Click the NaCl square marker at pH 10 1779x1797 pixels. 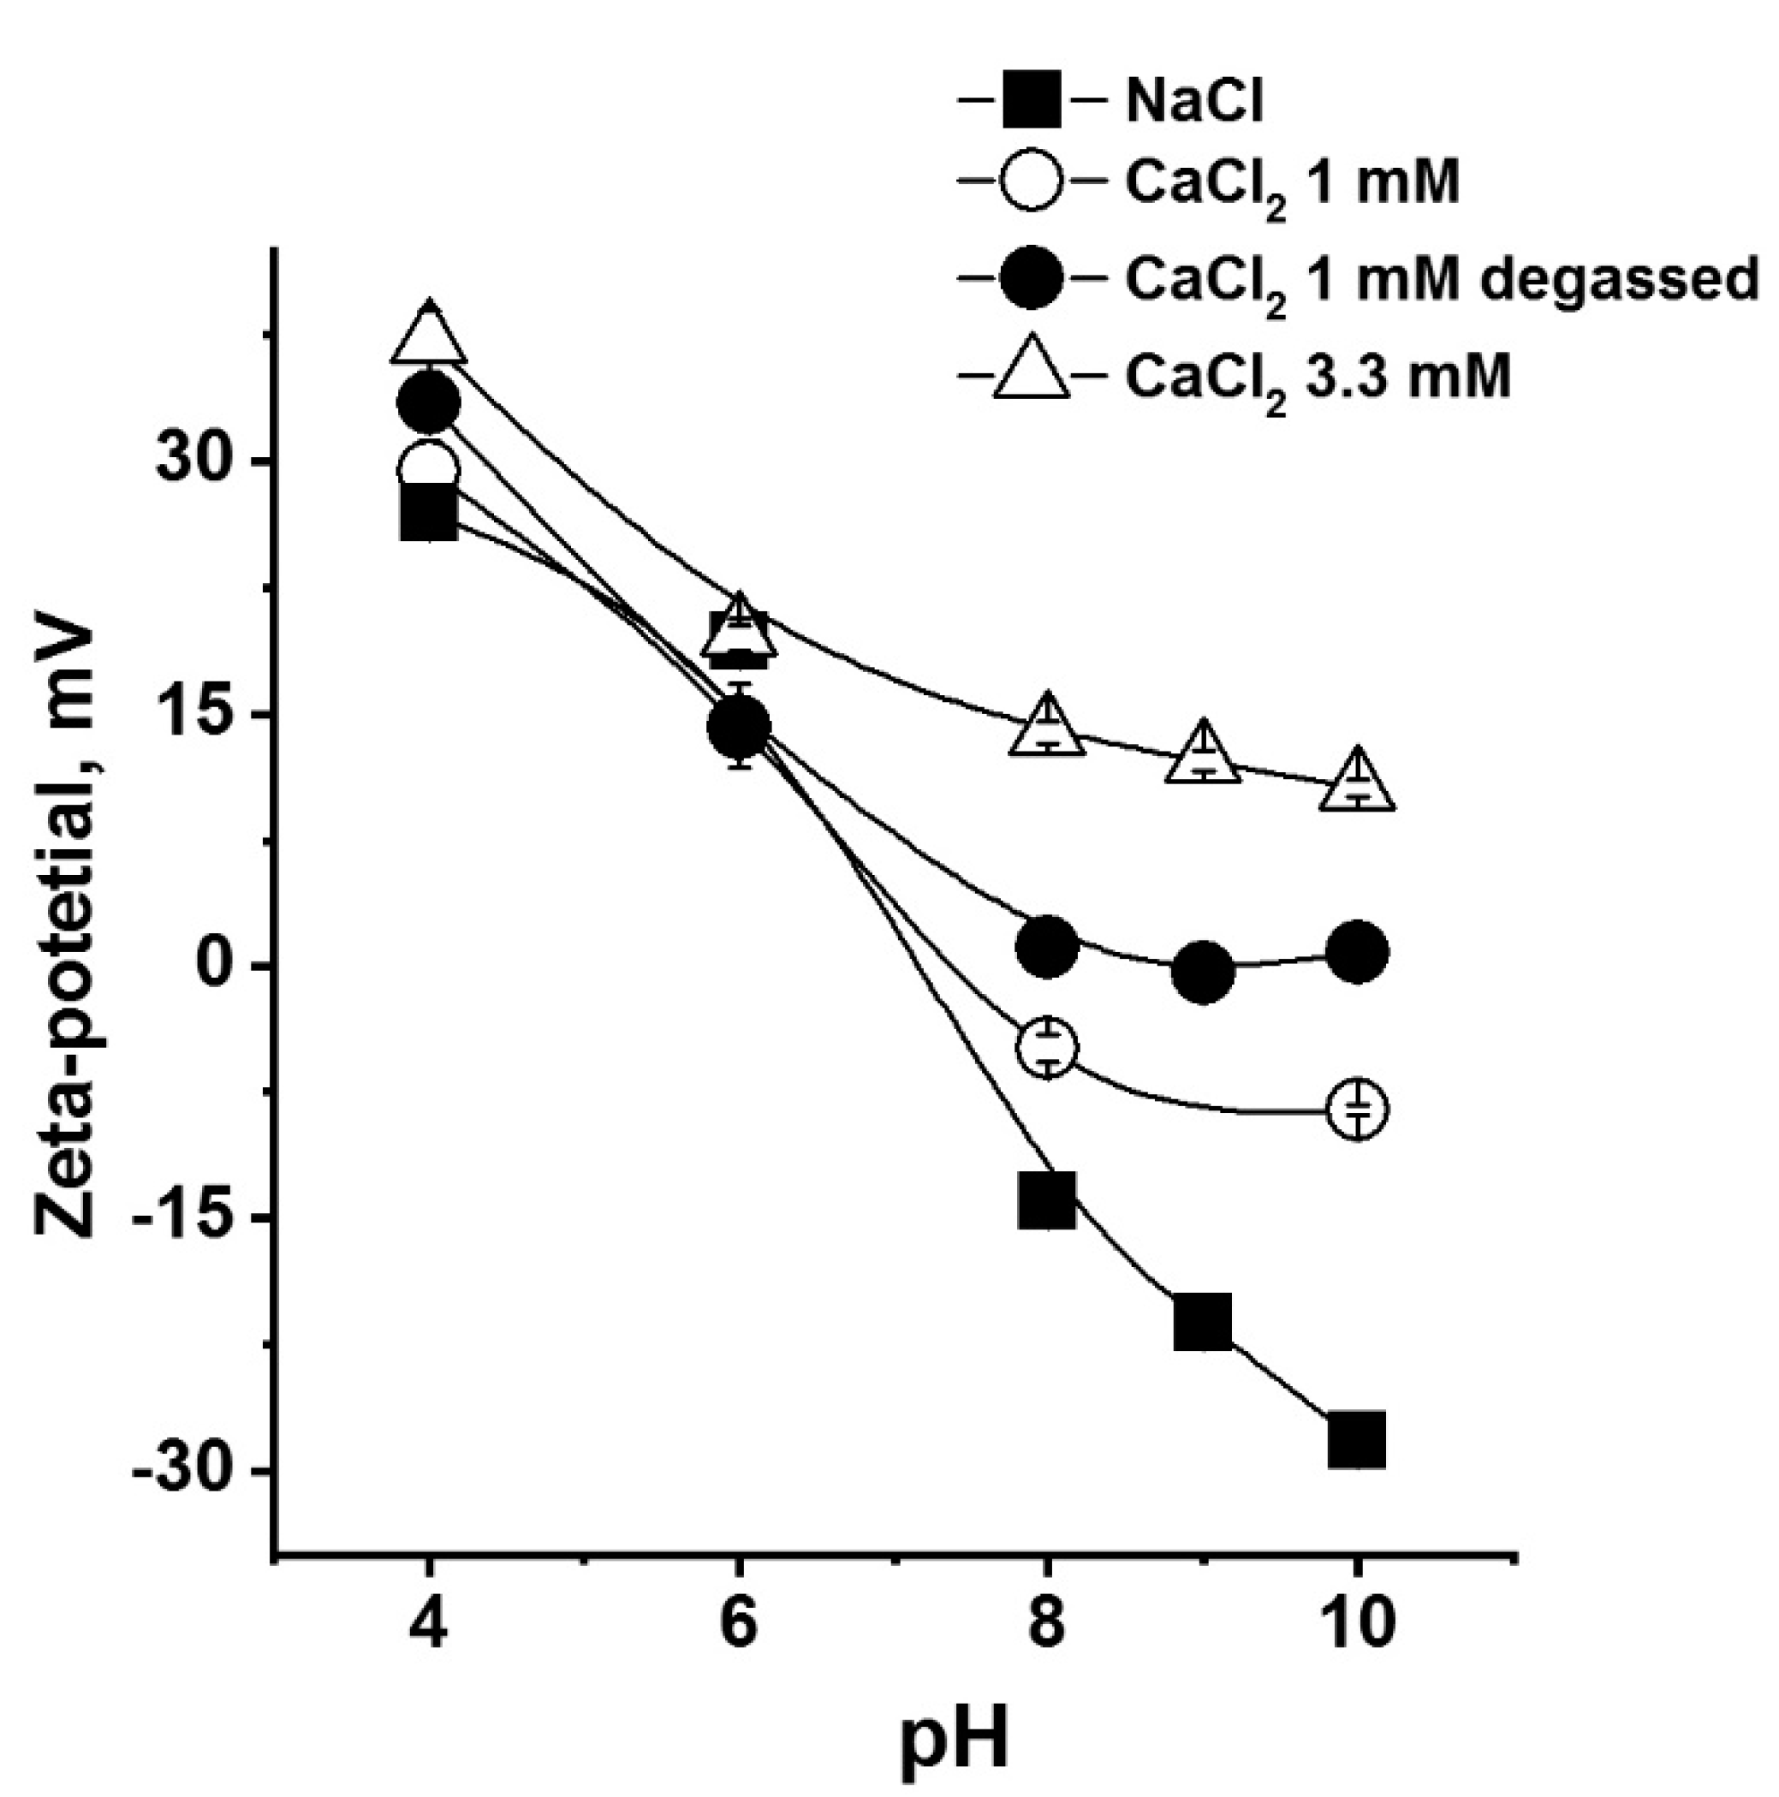point(1356,1441)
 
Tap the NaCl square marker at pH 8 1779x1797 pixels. point(1047,1200)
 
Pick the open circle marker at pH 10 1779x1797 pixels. point(1358,1109)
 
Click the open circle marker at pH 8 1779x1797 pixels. point(1047,1047)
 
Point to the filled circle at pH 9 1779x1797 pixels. point(1203,971)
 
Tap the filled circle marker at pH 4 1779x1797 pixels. point(428,402)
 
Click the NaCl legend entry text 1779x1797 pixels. point(1194,103)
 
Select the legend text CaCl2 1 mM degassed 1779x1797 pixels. point(1441,279)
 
